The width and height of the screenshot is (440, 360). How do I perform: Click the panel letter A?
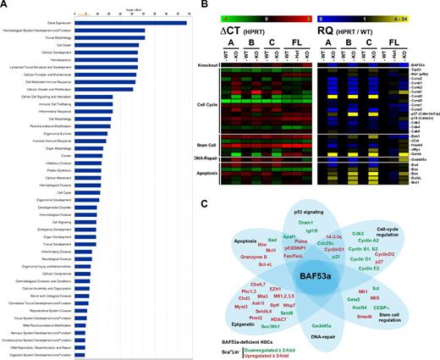tap(5, 6)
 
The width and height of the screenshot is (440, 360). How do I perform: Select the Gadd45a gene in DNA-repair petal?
tap(322, 325)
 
